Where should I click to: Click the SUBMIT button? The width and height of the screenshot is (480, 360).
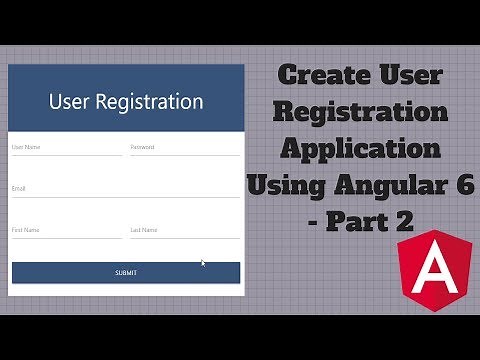(x=125, y=272)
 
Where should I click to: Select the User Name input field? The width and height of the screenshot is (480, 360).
(x=66, y=149)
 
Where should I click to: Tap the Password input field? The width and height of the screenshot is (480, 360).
(x=184, y=149)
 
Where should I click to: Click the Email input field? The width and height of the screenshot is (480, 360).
(x=125, y=190)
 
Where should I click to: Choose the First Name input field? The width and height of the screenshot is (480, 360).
(x=66, y=232)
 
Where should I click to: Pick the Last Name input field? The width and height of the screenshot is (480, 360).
(x=184, y=232)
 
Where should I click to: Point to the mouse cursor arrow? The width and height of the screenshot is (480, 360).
(x=203, y=263)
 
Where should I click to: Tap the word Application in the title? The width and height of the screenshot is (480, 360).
(x=361, y=149)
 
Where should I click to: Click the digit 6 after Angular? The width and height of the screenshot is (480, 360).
(x=466, y=185)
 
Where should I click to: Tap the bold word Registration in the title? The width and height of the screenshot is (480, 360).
(x=361, y=112)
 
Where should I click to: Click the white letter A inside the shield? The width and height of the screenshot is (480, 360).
(x=426, y=270)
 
